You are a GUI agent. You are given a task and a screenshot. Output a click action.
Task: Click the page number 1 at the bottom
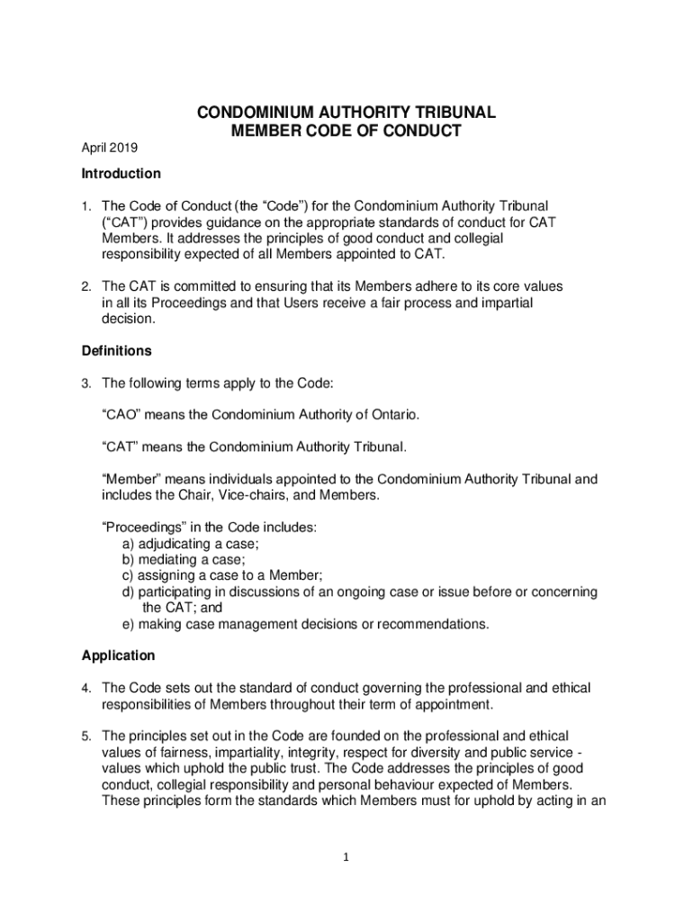(x=346, y=857)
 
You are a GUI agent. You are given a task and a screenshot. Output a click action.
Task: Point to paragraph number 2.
(x=86, y=286)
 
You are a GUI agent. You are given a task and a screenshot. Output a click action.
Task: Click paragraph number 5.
(x=86, y=737)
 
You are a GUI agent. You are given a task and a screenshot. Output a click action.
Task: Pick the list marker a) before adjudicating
(x=128, y=544)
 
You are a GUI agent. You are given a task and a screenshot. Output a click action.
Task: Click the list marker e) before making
(x=128, y=624)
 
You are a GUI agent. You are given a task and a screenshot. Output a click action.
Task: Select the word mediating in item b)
(x=166, y=559)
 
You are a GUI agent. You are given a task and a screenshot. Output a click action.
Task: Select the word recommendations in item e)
(x=426, y=624)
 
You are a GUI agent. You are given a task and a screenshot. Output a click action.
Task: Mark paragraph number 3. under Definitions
(x=86, y=384)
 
